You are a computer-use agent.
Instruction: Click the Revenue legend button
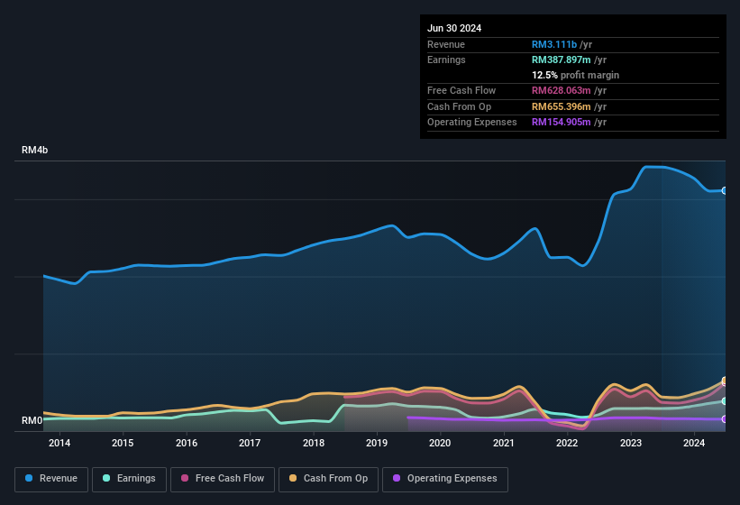click(51, 479)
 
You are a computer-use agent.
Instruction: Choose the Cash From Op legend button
click(327, 479)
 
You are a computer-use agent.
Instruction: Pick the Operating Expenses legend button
click(445, 479)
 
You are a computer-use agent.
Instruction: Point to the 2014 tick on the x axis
click(59, 443)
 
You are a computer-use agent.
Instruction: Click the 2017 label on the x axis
click(250, 443)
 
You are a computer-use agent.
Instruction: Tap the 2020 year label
click(440, 443)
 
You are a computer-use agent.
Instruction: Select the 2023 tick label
click(630, 443)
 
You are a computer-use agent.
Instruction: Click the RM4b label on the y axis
click(35, 151)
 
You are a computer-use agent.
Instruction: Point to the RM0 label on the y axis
click(32, 420)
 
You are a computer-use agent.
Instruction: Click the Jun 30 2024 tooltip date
click(454, 28)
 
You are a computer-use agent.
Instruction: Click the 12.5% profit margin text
click(575, 75)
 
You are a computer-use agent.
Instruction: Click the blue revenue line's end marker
click(725, 190)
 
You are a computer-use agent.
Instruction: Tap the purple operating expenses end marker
click(725, 419)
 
